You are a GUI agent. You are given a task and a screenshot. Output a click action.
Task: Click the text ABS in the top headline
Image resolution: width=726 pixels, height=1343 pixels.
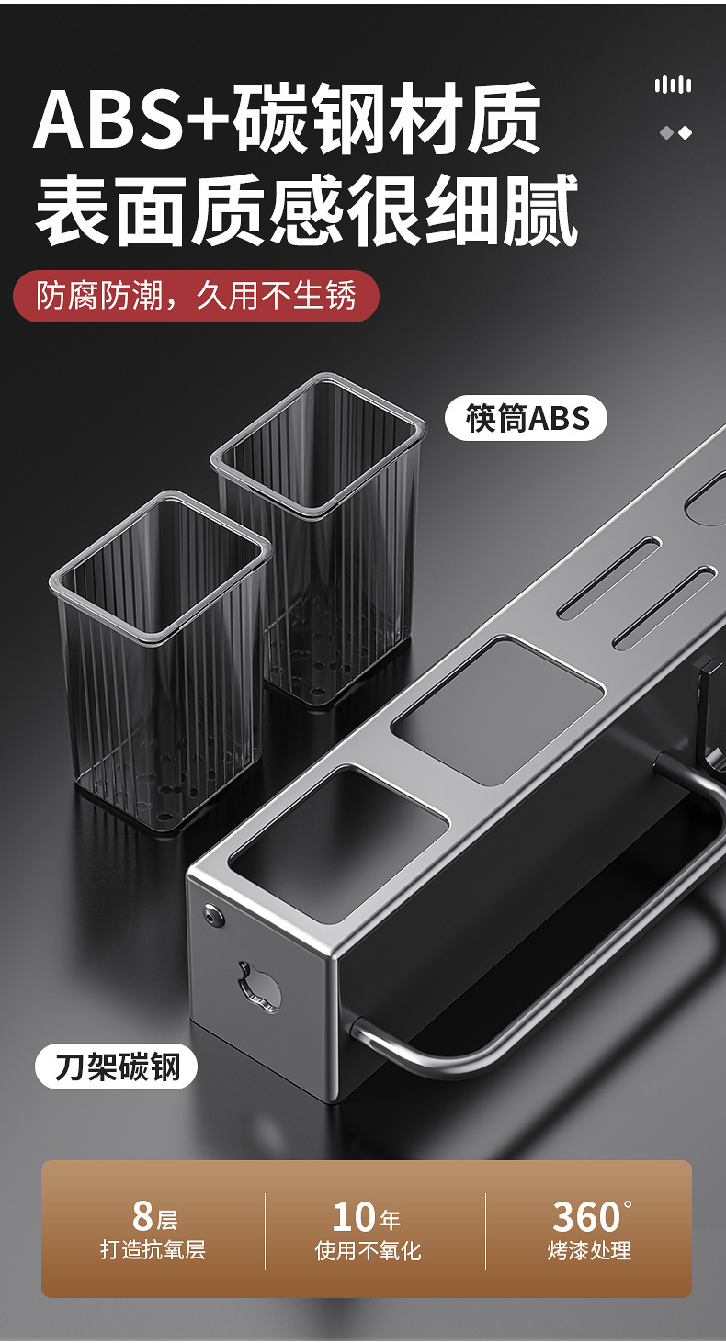[110, 119]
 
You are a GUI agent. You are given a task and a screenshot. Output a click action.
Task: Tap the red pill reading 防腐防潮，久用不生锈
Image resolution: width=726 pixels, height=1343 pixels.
[196, 296]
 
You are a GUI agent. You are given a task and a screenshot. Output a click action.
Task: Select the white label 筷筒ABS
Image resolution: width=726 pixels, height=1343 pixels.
[526, 418]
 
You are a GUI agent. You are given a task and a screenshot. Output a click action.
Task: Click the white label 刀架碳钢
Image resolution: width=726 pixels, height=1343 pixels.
[117, 1066]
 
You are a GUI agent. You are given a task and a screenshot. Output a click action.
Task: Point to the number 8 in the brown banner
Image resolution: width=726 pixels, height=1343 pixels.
[143, 1216]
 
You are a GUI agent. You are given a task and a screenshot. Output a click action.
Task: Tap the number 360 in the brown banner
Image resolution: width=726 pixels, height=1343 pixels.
[586, 1216]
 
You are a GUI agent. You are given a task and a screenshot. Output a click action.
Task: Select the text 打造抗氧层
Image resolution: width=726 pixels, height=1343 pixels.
[153, 1249]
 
